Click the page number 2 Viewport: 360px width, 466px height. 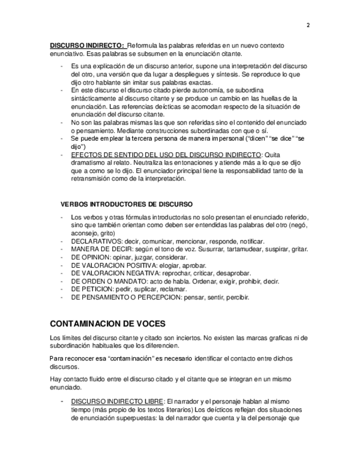tap(308, 25)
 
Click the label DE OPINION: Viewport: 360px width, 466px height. tap(91, 257)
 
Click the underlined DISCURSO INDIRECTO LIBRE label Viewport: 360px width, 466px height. tap(117, 402)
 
